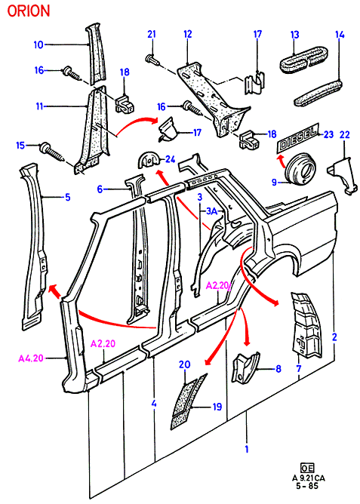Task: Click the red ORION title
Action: [29, 11]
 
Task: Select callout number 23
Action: [328, 134]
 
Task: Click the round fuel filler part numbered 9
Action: [300, 169]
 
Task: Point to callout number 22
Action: [345, 135]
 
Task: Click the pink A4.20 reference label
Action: [31, 358]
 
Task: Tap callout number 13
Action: [295, 35]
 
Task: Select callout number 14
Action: [340, 35]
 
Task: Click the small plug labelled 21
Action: [154, 60]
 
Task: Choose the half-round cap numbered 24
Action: [148, 161]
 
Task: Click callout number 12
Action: [188, 34]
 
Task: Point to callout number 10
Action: [38, 45]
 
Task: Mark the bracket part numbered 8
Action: [245, 367]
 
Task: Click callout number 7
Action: [299, 368]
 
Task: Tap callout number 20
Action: [185, 364]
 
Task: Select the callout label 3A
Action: [212, 211]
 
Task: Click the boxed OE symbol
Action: [307, 468]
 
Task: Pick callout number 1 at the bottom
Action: [247, 449]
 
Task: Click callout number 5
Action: [68, 197]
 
